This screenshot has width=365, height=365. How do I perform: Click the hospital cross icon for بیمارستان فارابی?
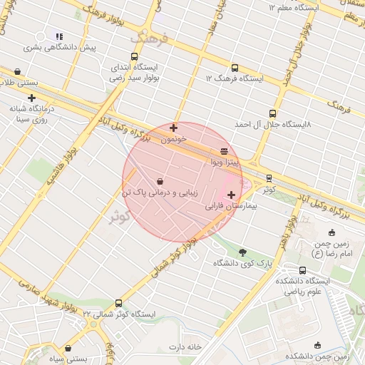coord(231,195)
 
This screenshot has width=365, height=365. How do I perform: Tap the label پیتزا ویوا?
coord(225,163)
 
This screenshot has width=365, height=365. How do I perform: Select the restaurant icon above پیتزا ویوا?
coord(225,151)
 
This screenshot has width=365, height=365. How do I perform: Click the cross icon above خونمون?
coord(173,128)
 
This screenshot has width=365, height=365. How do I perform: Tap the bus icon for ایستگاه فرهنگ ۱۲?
coord(235,67)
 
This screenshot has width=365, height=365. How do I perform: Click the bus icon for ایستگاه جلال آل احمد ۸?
coord(272,113)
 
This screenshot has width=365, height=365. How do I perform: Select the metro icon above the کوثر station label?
coord(269,178)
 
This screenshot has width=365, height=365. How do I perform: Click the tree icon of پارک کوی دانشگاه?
coord(242,252)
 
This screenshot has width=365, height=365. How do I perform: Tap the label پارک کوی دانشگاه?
coord(242,264)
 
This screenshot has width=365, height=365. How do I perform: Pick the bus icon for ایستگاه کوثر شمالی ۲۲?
coord(118,303)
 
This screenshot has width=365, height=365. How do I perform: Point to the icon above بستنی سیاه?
coord(68,349)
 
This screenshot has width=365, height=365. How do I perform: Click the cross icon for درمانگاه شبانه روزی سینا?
coord(31,98)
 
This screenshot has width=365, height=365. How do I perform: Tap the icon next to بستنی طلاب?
coord(17,71)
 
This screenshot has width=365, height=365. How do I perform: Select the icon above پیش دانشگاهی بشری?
coord(60,36)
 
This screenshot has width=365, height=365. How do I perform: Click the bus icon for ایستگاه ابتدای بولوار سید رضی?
coord(134,57)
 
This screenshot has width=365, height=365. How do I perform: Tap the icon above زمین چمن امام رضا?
coord(331,232)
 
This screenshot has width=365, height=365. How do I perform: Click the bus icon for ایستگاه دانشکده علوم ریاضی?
coord(303,270)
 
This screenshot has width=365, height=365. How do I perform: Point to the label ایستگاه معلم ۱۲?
coord(292,7)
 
